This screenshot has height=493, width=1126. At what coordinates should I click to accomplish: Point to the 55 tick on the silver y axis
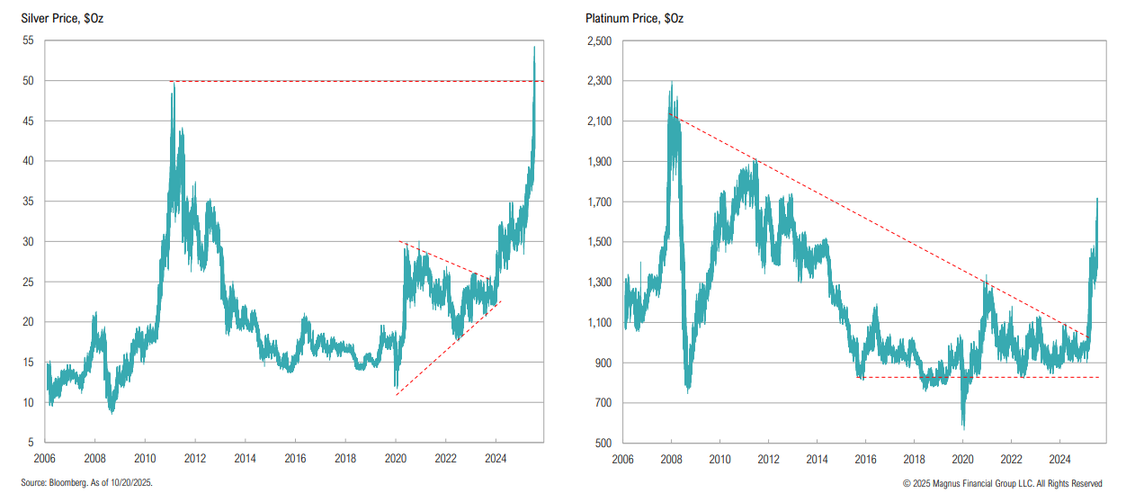tap(28, 40)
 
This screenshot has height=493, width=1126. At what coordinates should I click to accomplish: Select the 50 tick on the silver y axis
tap(28, 81)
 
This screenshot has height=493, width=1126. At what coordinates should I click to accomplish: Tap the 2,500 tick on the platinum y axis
tap(598, 40)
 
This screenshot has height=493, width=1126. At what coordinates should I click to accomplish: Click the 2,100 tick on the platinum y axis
tap(598, 121)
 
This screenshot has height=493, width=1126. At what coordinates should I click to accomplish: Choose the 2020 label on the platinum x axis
tap(962, 458)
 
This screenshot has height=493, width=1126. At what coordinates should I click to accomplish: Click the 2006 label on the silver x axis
tap(47, 458)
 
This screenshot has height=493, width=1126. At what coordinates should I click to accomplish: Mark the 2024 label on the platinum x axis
tap(1059, 458)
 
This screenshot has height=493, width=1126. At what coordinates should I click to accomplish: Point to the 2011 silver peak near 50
tap(173, 83)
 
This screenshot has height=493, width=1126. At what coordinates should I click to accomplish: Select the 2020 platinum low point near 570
tap(963, 427)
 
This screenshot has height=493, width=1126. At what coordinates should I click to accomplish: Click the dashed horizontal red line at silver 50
tap(360, 81)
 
